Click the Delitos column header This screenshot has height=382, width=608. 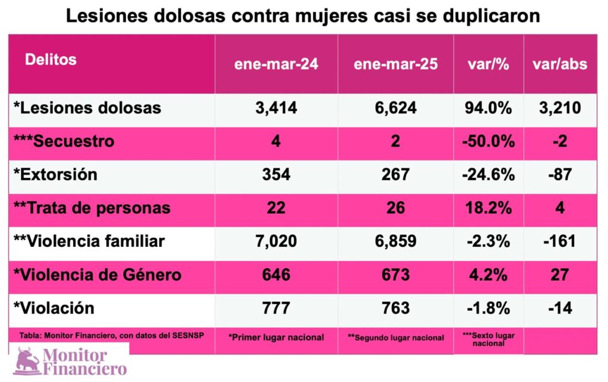(x=50, y=60)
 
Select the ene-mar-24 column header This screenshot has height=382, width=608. (x=276, y=65)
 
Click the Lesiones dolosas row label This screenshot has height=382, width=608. (x=87, y=108)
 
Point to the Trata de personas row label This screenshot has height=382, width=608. (x=91, y=208)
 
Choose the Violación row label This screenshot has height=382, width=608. (x=54, y=308)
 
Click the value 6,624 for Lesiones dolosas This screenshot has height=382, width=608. (x=395, y=108)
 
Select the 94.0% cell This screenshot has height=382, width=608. (x=488, y=108)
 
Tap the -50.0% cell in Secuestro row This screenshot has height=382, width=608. (x=488, y=141)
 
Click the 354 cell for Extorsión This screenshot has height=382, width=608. (x=276, y=175)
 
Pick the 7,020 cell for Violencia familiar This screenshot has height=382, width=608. (x=276, y=241)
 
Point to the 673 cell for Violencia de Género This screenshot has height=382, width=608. (x=395, y=275)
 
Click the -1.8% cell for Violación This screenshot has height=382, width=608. (x=488, y=308)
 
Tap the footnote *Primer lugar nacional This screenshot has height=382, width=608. (x=276, y=338)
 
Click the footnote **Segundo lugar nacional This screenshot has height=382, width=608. (x=395, y=338)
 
